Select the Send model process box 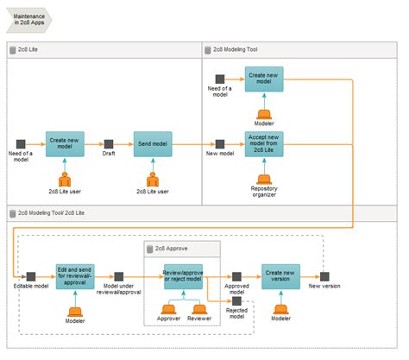(154, 143)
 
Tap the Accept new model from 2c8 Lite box (263, 143)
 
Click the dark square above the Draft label (109, 143)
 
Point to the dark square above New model (220, 143)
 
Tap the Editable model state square (30, 276)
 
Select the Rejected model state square (236, 301)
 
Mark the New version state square (325, 276)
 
